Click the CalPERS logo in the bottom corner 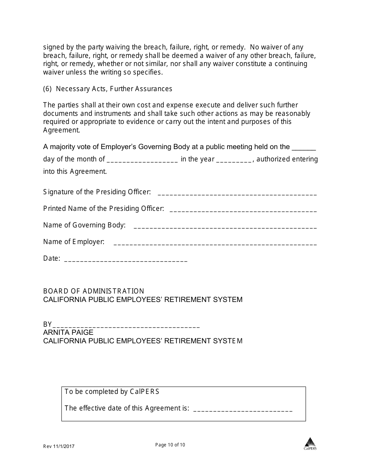[310, 443]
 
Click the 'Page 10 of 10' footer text [170, 445]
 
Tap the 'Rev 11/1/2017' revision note [59, 446]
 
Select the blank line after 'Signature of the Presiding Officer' [237, 193]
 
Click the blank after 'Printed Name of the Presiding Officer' [243, 210]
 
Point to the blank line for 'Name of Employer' [215, 243]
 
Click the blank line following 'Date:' [126, 260]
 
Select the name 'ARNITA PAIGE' [68, 332]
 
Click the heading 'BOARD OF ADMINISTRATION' [93, 291]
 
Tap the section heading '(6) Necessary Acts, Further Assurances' [108, 89]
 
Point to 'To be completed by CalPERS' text [112, 392]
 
